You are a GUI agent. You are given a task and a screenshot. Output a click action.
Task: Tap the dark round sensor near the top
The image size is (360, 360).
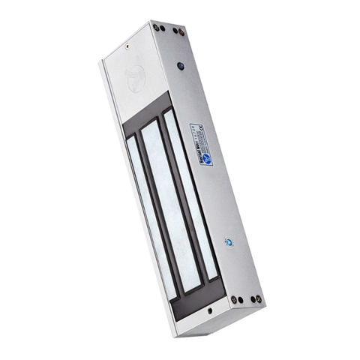181,66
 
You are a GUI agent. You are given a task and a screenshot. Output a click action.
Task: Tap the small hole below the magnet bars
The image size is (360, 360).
209,309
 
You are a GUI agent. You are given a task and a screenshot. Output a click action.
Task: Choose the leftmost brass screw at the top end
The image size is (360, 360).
155,27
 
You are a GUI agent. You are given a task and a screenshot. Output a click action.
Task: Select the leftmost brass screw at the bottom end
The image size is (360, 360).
233,300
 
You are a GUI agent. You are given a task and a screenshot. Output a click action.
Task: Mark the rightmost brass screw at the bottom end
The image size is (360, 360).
259,299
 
